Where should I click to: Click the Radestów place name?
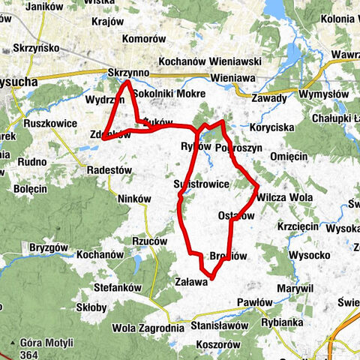tap(109, 170)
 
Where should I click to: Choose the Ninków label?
tap(135, 199)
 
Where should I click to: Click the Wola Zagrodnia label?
tap(147, 328)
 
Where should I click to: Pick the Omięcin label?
tap(288, 155)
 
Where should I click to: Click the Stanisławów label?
tap(219, 326)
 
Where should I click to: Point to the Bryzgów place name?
tap(48, 247)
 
